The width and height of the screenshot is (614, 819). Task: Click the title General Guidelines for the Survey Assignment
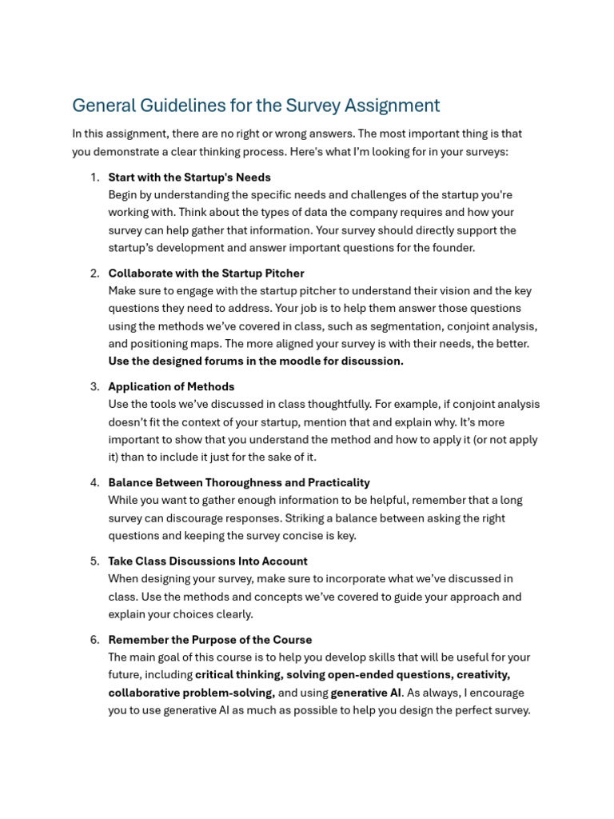tap(256, 106)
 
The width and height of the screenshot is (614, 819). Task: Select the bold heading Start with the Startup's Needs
tap(189, 178)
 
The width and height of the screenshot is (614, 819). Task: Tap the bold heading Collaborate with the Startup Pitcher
tap(206, 274)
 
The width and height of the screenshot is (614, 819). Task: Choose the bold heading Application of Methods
tap(171, 386)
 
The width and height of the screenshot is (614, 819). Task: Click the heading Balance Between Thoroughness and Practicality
tap(239, 482)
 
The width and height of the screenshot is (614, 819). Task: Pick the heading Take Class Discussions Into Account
tap(208, 561)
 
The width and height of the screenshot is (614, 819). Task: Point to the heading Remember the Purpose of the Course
tap(210, 640)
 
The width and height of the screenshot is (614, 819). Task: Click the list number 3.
tap(94, 386)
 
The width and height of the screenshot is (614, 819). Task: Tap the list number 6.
tap(94, 640)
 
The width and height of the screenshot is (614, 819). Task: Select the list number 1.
tap(94, 178)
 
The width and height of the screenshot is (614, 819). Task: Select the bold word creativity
tap(483, 674)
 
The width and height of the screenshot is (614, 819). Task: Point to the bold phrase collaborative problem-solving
tap(192, 693)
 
